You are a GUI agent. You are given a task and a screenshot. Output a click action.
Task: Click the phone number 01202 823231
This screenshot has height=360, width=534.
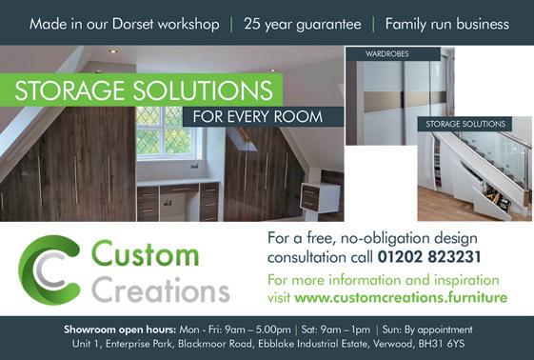click(x=429, y=257)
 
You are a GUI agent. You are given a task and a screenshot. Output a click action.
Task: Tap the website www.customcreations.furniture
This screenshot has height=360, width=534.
click(x=401, y=298)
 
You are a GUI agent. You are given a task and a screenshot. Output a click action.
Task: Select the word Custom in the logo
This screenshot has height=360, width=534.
click(x=146, y=253)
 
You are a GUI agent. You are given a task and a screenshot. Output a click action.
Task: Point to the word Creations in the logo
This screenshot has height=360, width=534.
click(x=161, y=290)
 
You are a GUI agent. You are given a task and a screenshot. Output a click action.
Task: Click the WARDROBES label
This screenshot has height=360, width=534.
click(x=386, y=54)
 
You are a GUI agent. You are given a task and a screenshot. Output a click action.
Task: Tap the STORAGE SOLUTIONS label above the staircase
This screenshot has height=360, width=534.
click(x=465, y=124)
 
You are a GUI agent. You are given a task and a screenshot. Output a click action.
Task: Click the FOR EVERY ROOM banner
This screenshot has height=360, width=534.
click(x=258, y=117)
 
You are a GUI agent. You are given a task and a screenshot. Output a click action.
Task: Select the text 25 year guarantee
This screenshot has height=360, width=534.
click(x=303, y=25)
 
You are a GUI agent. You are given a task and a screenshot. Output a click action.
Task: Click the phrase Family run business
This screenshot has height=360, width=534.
click(x=447, y=24)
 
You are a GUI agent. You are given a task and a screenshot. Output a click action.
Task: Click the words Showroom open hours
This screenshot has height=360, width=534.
click(x=120, y=330)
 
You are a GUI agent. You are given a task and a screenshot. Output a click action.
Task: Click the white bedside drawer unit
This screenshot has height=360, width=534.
click(x=320, y=197)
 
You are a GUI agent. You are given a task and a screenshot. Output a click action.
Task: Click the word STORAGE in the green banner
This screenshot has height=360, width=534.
click(x=69, y=90)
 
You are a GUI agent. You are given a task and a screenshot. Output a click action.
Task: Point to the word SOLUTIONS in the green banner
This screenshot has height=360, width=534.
click(x=203, y=90)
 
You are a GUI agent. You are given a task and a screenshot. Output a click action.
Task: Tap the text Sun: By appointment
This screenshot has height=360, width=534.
click(x=427, y=330)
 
